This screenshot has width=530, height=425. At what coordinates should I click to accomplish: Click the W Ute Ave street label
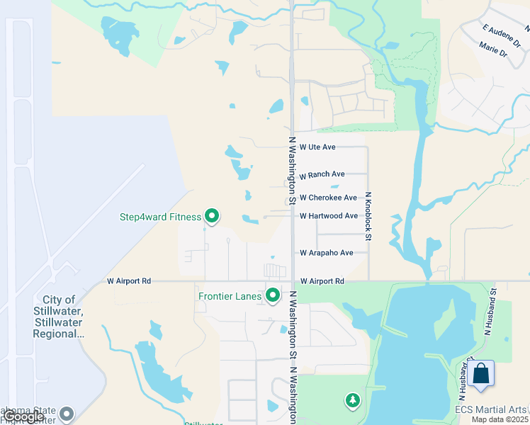coord(317,147)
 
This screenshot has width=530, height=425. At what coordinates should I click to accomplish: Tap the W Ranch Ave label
coord(322,174)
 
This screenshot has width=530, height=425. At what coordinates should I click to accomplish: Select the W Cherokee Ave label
coord(328,198)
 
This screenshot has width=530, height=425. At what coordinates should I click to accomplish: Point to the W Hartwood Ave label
coord(328,216)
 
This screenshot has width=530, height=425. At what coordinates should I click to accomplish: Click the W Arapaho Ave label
coord(326,253)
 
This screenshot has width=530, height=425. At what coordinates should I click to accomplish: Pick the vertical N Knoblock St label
coord(368,216)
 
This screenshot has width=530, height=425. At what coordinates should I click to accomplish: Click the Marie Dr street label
coord(493,52)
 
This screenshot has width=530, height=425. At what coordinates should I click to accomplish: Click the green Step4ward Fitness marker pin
coord(211,215)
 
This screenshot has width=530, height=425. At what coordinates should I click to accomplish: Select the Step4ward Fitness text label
coord(160,217)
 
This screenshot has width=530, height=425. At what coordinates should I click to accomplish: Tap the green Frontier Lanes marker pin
coord(273,295)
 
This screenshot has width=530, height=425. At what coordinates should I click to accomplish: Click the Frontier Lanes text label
coord(231,296)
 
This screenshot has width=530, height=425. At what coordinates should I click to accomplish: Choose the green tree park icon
coord(352,402)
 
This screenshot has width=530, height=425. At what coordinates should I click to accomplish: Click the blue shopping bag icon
coord(480,375)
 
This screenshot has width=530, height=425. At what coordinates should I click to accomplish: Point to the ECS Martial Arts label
coord(491,410)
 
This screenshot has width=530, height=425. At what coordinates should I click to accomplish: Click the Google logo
coord(24,416)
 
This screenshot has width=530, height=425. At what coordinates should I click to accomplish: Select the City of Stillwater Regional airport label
coord(59,316)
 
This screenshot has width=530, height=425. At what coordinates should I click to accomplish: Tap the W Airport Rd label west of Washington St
coord(129,281)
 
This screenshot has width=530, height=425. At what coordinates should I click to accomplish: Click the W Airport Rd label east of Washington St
coord(322,281)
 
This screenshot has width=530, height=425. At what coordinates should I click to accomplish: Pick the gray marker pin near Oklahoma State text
coord(67,414)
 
